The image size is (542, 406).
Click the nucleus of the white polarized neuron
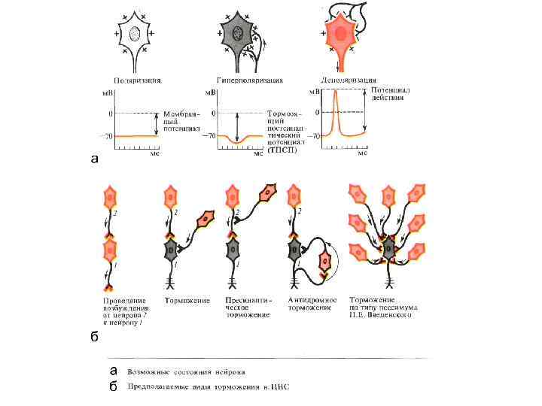tap(135, 34)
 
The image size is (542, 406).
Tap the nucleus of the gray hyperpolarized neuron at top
tap(237, 33)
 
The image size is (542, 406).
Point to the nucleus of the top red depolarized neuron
tap(340, 34)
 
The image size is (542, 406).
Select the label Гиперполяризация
tap(240, 80)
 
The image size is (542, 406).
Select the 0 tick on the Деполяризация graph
tap(317, 113)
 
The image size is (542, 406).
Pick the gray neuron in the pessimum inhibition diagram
tap(388, 249)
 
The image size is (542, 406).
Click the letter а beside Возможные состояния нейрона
tap(112, 370)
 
